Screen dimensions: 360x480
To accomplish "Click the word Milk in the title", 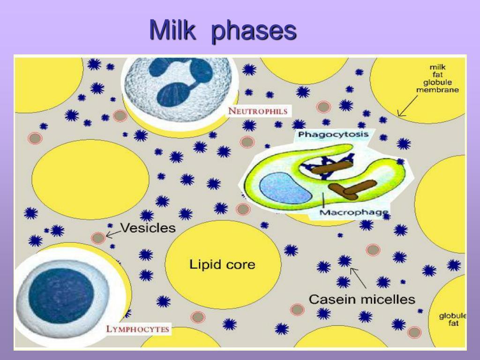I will (x=172, y=30).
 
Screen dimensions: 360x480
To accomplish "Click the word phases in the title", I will (x=254, y=31).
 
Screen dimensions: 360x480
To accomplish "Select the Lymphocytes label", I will (x=137, y=329).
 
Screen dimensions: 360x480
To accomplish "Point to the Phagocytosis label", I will (x=333, y=135).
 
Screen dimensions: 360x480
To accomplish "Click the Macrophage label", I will (x=354, y=213).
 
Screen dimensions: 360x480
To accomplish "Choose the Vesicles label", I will (x=148, y=228).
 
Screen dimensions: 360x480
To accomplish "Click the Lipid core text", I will (x=222, y=264).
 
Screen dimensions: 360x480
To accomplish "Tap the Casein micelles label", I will (x=362, y=299).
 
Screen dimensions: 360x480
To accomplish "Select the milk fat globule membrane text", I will (x=437, y=78).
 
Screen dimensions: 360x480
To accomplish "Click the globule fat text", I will (x=452, y=320).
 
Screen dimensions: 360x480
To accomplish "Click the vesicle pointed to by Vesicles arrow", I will (x=98, y=238).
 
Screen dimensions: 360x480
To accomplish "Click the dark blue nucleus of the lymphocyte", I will (x=61, y=295).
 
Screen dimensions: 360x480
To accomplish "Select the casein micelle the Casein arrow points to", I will (x=345, y=261).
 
